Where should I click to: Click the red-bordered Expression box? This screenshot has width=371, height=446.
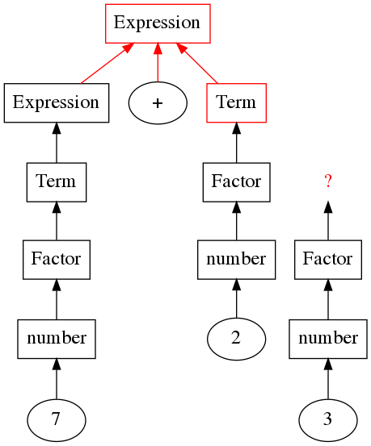tap(158, 23)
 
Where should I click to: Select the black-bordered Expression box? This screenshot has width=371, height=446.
tap(57, 103)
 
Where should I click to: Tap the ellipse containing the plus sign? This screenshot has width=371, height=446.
tap(158, 103)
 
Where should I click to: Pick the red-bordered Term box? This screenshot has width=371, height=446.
tap(236, 103)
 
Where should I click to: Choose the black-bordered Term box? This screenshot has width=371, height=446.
tap(57, 182)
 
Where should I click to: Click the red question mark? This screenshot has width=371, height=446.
tap(328, 181)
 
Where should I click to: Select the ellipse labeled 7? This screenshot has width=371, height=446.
tap(57, 420)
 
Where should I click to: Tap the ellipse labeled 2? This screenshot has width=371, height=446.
tap(236, 339)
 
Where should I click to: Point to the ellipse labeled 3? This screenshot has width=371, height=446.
tap(328, 420)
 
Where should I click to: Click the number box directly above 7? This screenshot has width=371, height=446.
tap(57, 339)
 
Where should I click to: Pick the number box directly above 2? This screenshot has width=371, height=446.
tap(236, 260)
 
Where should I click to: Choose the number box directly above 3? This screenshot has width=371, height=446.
tap(328, 339)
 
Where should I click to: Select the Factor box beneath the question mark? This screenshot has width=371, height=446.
tap(328, 260)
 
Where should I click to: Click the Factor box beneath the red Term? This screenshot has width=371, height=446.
tap(236, 182)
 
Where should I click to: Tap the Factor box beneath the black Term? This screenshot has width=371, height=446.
tap(57, 260)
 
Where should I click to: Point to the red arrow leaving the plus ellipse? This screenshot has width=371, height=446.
tap(158, 63)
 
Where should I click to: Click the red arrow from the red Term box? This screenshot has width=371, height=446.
tap(196, 63)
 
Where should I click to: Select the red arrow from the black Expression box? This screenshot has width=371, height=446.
tap(108, 64)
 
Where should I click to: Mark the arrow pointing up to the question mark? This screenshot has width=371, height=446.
tap(328, 221)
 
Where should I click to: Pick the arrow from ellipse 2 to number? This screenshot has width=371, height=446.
tap(236, 298)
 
